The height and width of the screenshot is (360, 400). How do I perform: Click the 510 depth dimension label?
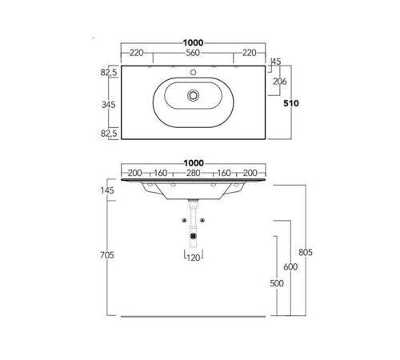coord(291,103)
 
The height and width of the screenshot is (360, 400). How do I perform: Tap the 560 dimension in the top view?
coord(193,53)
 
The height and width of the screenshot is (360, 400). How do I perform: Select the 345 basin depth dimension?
coord(109,105)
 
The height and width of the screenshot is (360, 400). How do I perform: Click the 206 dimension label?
coord(280,82)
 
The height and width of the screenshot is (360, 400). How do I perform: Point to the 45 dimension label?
coord(276,62)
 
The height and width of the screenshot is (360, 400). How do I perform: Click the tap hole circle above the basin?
coord(193,72)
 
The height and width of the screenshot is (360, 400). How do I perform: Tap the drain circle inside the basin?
coord(193,95)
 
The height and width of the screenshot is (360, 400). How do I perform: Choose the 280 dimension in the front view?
coord(194,173)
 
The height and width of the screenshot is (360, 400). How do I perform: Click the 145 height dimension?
coord(107,190)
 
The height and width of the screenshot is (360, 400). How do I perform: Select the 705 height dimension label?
coord(107,255)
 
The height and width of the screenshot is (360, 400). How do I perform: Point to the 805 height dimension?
coord(306,252)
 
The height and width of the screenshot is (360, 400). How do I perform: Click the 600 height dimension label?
coord(290,266)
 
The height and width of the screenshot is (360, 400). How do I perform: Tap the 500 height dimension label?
coord(277,283)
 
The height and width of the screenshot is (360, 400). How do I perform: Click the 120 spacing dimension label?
coord(194,258)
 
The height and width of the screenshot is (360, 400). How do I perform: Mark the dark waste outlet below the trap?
coord(194,236)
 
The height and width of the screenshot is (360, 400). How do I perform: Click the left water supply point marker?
coord(184,220)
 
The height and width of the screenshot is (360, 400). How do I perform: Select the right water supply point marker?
coord(202,220)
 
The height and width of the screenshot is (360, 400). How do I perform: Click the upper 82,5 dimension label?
coord(109,72)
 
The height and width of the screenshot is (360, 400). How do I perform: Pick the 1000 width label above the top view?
coord(193,42)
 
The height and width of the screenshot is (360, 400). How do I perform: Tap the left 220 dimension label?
coord(137,53)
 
